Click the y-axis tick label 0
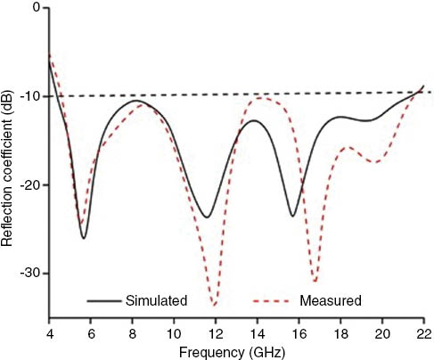point(35,8)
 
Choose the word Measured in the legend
point(331,300)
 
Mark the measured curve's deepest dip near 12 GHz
point(214,305)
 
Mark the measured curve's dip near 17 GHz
point(315,282)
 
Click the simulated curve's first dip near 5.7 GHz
point(84,238)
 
